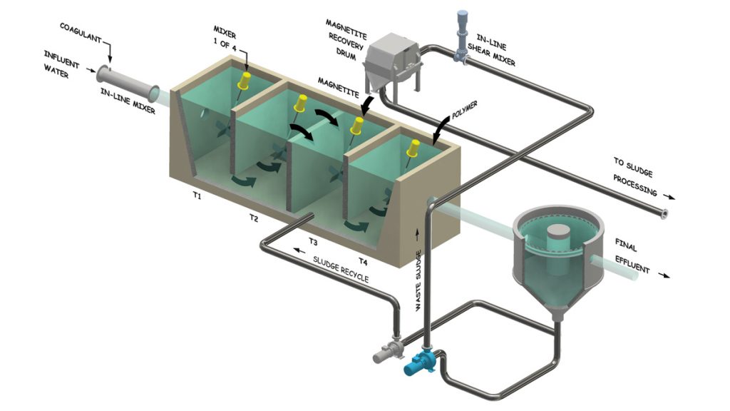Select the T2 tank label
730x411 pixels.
click(253, 216)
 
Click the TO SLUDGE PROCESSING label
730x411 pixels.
click(634, 176)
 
